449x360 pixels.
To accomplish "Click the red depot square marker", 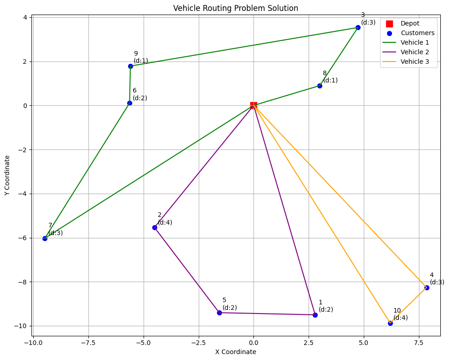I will pyautogui.click(x=253, y=105).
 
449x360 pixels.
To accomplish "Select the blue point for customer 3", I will pyautogui.click(x=358, y=27).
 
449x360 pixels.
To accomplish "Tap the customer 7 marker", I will pyautogui.click(x=45, y=238).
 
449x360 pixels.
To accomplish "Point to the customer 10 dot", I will pyautogui.click(x=390, y=323).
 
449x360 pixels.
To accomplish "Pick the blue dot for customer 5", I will pyautogui.click(x=219, y=313).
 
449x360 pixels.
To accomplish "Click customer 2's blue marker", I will pyautogui.click(x=155, y=227).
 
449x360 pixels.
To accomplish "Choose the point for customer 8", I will pyautogui.click(x=320, y=86).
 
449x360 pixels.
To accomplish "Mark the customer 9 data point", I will pyautogui.click(x=130, y=66).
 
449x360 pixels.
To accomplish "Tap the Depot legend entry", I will pyautogui.click(x=410, y=23).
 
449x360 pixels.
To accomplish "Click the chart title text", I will pyautogui.click(x=236, y=8).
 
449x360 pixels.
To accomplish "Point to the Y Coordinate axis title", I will pyautogui.click(x=7, y=175).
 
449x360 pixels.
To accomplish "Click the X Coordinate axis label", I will pyautogui.click(x=236, y=352).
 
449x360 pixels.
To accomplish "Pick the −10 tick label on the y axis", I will pyautogui.click(x=22, y=326).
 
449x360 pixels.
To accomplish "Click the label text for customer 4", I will pyautogui.click(x=436, y=278).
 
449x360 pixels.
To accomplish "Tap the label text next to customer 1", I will pyautogui.click(x=325, y=306).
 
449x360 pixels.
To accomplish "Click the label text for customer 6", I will pyautogui.click(x=139, y=94).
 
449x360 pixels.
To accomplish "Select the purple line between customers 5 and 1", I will pyautogui.click(x=267, y=314).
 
